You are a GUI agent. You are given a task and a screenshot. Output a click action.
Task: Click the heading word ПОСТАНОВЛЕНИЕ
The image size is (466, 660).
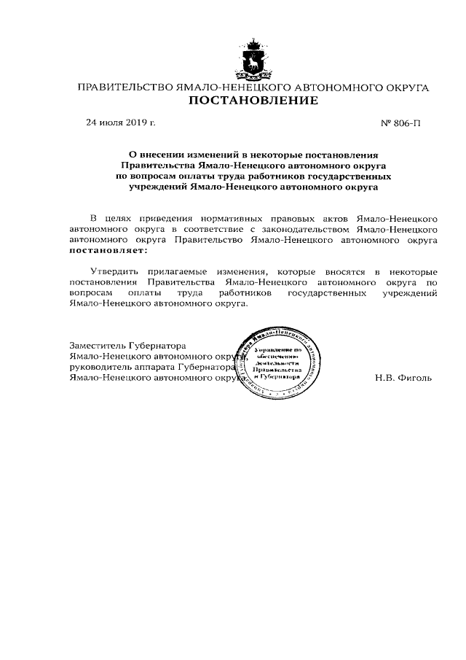coord(253,101)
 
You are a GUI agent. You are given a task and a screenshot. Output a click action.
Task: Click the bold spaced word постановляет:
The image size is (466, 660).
coord(107,249)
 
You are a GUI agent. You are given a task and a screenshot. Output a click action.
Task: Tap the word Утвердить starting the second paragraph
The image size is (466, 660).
coord(111,271)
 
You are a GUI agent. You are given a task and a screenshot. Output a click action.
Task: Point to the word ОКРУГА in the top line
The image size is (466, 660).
coord(403,88)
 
